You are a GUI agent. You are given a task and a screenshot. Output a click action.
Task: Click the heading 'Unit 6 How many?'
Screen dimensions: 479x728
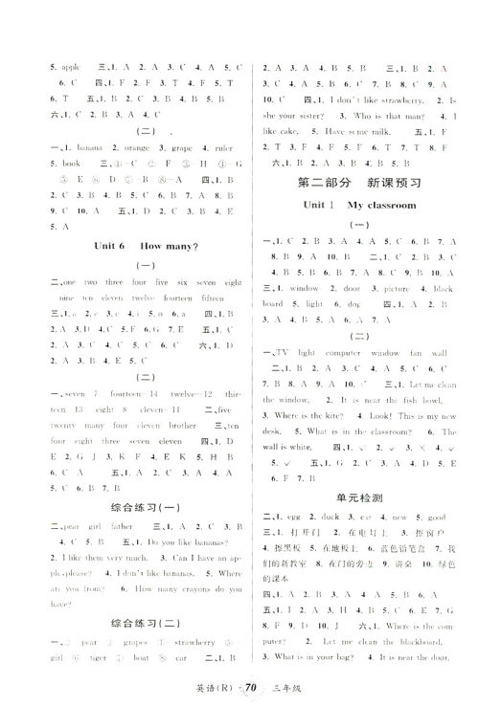tap(147, 246)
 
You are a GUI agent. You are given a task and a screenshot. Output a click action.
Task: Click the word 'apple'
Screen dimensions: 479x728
tap(45, 69)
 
